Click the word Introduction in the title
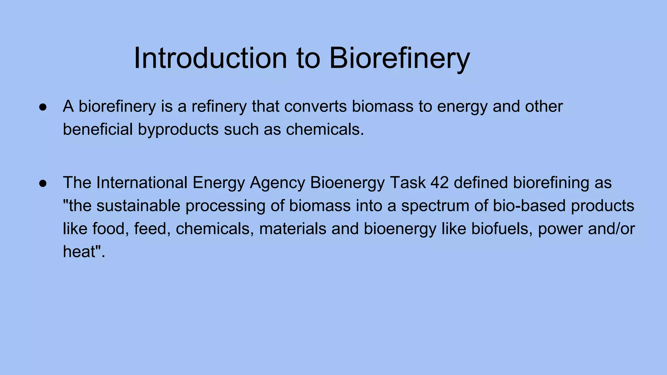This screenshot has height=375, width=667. tap(210, 58)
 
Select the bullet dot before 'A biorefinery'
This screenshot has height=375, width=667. tap(43, 107)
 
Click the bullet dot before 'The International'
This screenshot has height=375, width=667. tap(43, 183)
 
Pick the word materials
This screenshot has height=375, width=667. tap(292, 229)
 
